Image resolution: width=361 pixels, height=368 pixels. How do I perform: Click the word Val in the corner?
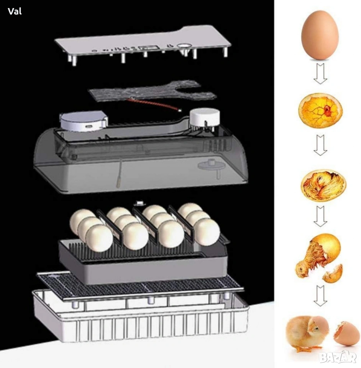coord(15,11)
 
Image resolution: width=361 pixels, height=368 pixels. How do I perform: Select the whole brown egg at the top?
coord(320,35)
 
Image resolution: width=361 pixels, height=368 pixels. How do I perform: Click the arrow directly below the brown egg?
coord(320,74)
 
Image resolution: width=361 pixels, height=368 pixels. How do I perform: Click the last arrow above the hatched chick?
coord(320,296)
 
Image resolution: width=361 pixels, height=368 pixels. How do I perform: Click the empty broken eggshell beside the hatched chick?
coord(346,333)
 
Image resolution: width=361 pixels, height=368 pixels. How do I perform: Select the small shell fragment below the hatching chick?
coord(332,274)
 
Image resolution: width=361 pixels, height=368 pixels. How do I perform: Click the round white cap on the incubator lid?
coord(205,117)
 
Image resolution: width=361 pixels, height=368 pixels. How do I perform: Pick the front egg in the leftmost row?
coord(99,238)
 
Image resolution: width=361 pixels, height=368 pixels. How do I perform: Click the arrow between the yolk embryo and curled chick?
coord(320,145)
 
